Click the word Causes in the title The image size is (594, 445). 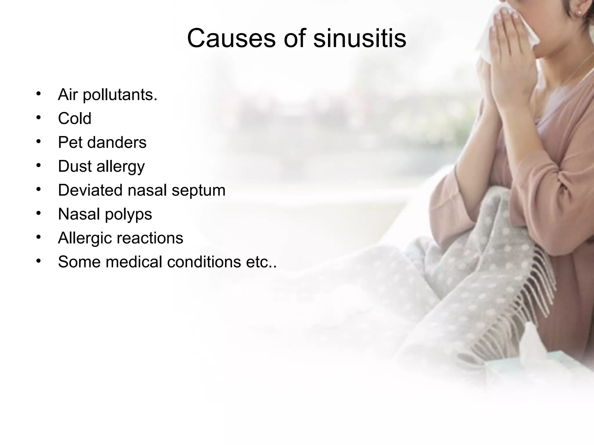point(231,38)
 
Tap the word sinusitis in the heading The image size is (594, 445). point(360,38)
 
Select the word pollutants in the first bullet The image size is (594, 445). point(120,95)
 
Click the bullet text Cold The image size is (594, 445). point(75,118)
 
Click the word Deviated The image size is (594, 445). point(90,190)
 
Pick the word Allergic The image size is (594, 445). point(85,238)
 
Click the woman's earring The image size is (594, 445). point(577,13)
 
